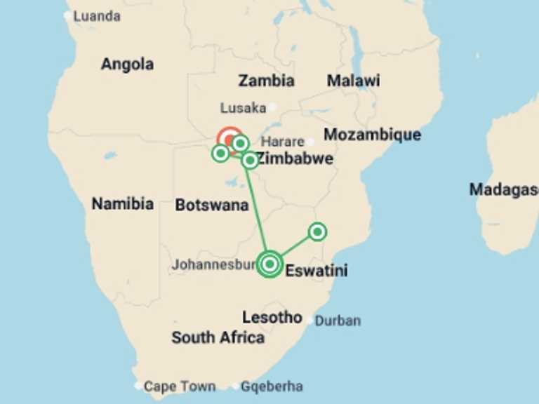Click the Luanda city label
point(97,15)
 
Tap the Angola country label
point(127,64)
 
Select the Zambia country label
point(266,80)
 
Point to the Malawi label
point(353,80)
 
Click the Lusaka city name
point(243,108)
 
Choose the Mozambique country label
point(372,134)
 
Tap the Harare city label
point(283,141)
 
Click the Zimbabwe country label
point(295,159)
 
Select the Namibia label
point(122,204)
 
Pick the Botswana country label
point(211,205)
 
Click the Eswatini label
point(316,271)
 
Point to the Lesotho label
point(272,317)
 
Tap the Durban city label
point(337,321)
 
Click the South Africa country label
point(218,337)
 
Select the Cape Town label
point(180,386)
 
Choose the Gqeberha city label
point(272,386)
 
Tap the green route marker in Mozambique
point(317,231)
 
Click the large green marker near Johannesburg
point(269,264)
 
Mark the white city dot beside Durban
point(310,320)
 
